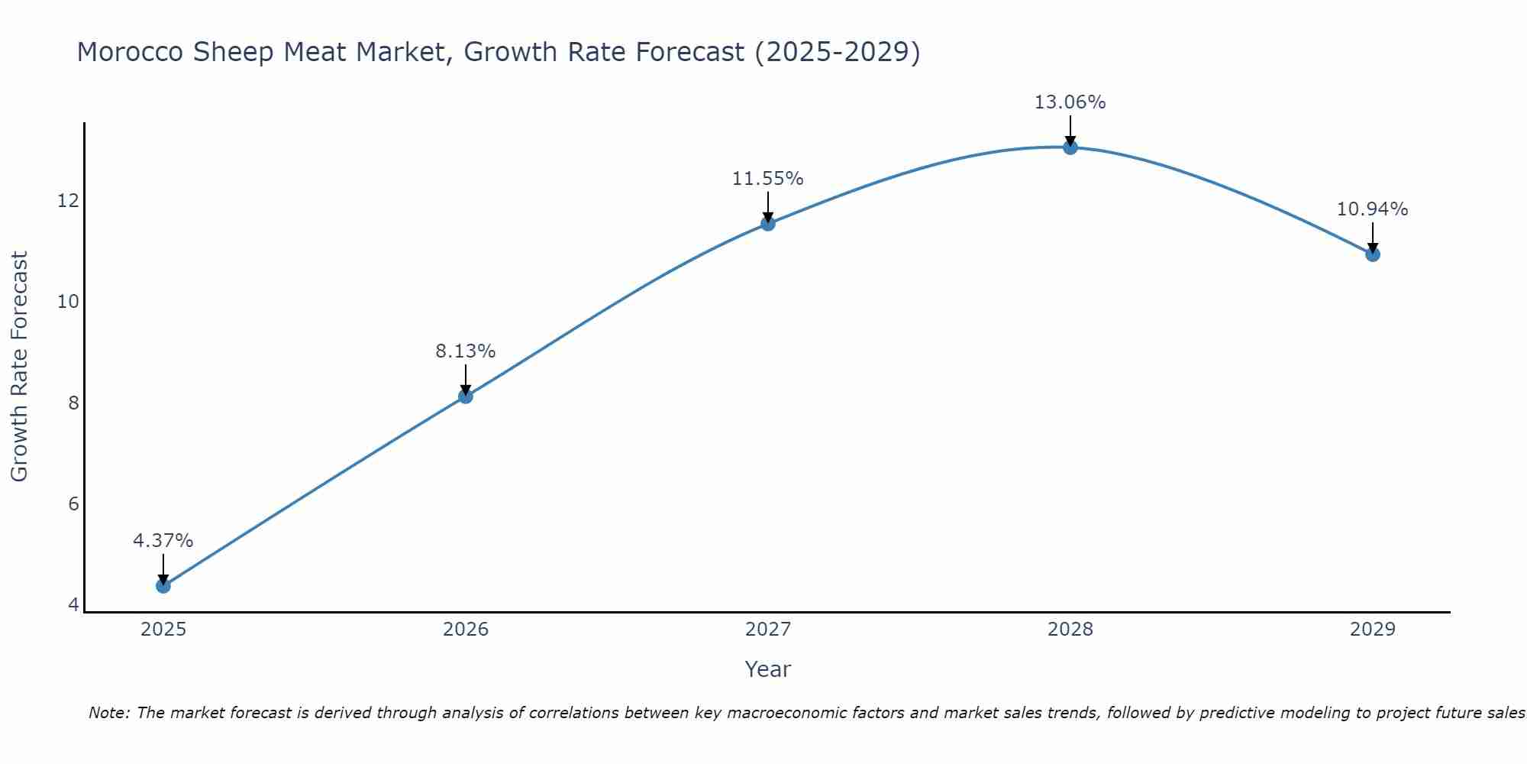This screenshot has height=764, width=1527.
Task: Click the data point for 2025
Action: click(163, 586)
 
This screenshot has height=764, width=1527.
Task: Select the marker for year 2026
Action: click(466, 396)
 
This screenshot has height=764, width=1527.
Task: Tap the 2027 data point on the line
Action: click(768, 223)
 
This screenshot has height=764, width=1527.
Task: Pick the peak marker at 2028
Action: click(1070, 147)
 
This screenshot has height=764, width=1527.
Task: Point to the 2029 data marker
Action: click(1373, 254)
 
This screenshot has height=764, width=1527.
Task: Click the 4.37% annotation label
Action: click(163, 541)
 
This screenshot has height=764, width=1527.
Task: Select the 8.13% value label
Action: click(466, 351)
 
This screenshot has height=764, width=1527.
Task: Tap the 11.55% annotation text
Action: click(768, 179)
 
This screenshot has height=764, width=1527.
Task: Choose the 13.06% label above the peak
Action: click(1070, 102)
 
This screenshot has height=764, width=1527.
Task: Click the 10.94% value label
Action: click(1373, 209)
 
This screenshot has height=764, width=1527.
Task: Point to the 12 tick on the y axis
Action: click(69, 201)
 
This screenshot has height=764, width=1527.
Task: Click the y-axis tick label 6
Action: click(73, 504)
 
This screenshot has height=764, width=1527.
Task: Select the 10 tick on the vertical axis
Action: click(69, 302)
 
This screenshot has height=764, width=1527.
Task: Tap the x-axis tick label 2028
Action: click(1070, 630)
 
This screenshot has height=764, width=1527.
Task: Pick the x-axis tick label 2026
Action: click(466, 630)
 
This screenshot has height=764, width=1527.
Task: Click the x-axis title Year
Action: click(768, 669)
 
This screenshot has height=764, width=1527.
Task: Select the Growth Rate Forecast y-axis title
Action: click(20, 367)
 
